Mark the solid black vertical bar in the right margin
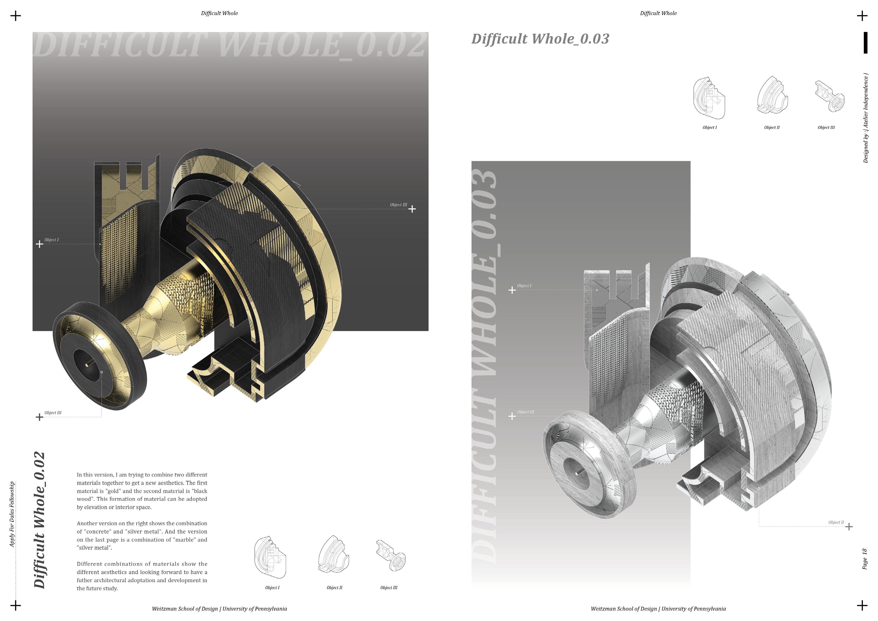click(865, 43)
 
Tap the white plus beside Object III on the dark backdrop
click(412, 209)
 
